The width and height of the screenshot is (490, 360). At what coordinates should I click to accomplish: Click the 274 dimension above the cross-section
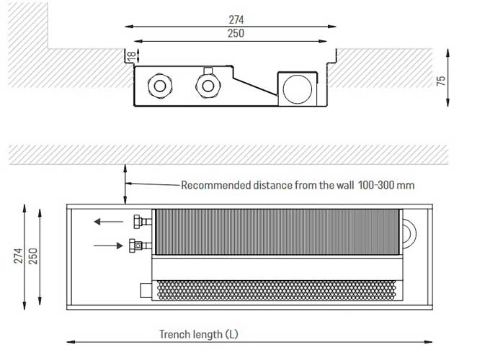tap(236, 19)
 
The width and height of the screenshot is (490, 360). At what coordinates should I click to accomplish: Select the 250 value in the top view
tap(236, 33)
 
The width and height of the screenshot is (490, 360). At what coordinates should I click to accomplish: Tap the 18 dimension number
tap(131, 55)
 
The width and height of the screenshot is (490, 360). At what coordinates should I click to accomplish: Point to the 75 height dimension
tap(440, 81)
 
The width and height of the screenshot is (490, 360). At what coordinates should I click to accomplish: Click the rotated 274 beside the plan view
tap(19, 256)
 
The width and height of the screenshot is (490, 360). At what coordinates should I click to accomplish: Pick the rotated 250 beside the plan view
tap(33, 256)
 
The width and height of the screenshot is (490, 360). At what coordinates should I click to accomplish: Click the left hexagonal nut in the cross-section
tap(160, 86)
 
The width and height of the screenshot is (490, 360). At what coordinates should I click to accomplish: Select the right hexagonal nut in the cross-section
tap(208, 86)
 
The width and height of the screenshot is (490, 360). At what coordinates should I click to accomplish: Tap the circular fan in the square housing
tap(297, 89)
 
